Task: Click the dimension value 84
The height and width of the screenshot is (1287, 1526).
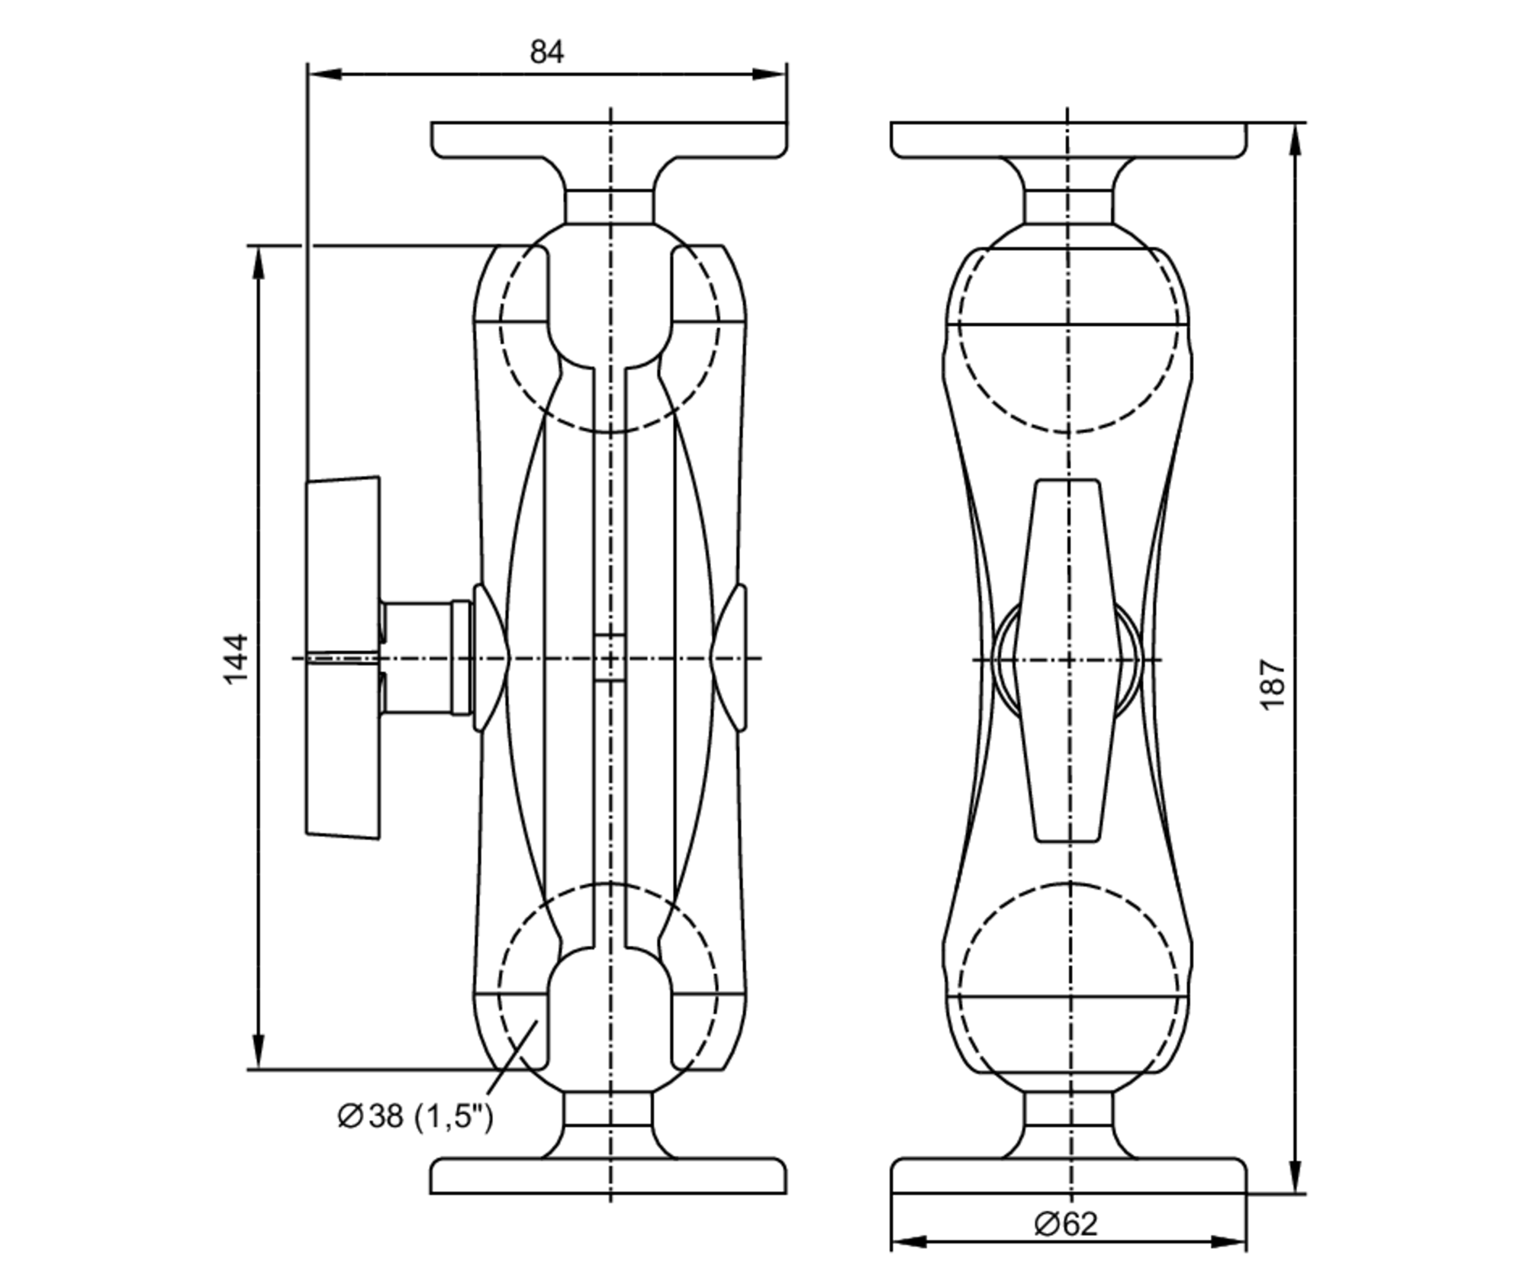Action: (546, 52)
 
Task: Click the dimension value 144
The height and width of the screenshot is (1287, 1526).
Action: (237, 658)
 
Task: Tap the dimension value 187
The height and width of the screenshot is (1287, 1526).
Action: (1273, 684)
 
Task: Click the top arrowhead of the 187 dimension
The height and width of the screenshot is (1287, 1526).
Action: (1296, 141)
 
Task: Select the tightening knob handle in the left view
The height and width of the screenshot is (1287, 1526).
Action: (343, 658)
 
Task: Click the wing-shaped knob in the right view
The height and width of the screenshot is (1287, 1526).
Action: (1067, 661)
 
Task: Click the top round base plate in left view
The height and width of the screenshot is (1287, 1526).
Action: (609, 140)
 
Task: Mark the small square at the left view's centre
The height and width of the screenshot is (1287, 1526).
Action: (609, 657)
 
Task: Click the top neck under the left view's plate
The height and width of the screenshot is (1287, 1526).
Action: (609, 206)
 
